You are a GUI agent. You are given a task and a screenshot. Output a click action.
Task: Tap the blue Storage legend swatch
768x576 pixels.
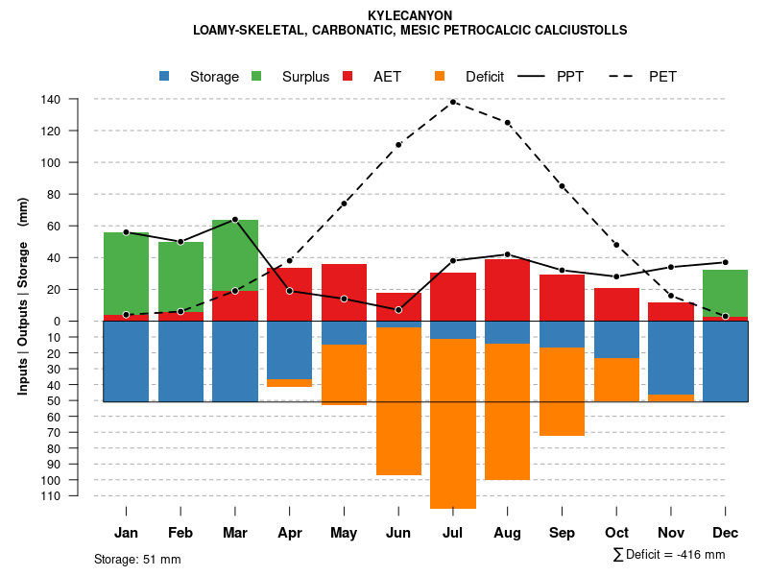164,76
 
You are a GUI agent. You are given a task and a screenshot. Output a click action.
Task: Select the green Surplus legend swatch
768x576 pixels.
256,76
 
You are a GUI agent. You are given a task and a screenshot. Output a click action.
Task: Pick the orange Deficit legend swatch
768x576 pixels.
440,76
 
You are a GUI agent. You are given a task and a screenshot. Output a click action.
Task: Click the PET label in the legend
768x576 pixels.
662,77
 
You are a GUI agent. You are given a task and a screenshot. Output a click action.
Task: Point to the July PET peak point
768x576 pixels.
453,102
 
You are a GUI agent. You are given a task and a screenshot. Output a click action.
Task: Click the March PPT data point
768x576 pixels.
235,220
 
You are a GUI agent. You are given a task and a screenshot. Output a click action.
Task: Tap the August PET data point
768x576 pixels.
508,123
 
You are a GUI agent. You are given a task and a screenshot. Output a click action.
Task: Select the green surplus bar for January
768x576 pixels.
127,274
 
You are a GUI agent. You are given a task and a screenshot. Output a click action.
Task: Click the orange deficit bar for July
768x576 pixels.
453,422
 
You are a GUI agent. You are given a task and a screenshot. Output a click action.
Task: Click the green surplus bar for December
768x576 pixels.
726,293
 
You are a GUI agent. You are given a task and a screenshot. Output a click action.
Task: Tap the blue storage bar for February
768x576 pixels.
180,361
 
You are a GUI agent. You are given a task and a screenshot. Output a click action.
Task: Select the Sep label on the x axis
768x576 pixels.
562,533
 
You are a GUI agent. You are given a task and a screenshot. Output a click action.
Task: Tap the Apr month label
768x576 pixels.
290,533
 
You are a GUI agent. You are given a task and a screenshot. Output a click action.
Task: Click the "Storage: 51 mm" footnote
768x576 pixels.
137,559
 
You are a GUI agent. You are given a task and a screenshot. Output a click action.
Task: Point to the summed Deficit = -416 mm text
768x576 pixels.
668,555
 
